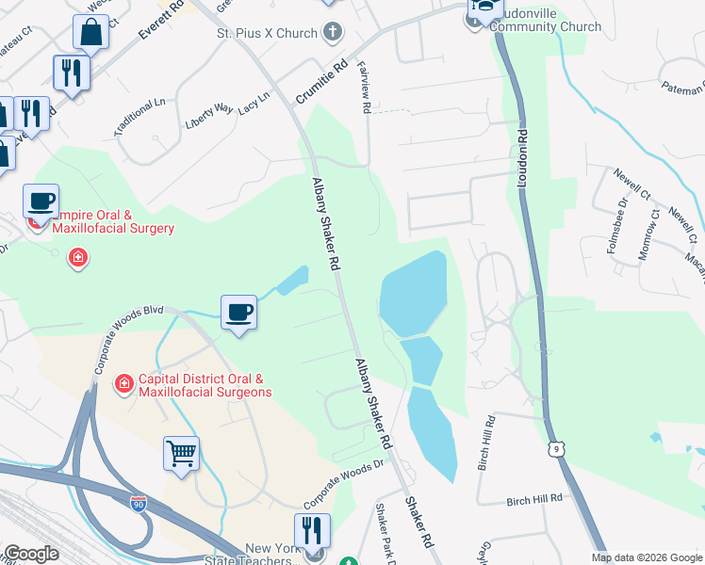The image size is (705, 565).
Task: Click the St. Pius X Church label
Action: click(268, 34)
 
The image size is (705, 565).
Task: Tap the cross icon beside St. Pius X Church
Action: click(332, 34)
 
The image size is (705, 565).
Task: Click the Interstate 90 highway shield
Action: click(139, 504)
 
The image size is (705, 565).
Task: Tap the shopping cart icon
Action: click(181, 453)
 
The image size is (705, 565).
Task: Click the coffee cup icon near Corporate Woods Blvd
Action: click(238, 312)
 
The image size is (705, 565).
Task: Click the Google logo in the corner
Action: click(31, 554)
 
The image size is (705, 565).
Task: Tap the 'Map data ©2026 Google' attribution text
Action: click(646, 557)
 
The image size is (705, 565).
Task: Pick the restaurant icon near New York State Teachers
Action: click(312, 529)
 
